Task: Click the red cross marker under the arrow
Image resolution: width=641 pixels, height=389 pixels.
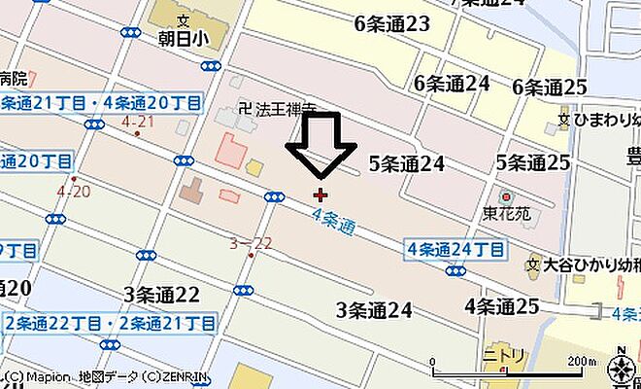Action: tap(320, 194)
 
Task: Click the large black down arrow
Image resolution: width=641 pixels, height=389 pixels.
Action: tap(320, 146)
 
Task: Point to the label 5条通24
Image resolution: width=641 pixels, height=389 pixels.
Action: tap(406, 163)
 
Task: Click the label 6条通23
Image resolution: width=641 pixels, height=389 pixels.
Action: tap(392, 25)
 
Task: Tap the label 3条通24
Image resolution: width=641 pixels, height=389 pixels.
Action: tap(374, 310)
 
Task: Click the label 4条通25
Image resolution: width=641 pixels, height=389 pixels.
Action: tap(501, 306)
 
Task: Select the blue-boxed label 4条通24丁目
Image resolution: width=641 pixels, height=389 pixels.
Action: tap(455, 249)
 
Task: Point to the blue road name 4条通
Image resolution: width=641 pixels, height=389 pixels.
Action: tap(333, 222)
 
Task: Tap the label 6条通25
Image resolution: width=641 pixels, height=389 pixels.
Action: tap(550, 88)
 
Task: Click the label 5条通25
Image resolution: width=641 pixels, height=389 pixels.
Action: tap(532, 162)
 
